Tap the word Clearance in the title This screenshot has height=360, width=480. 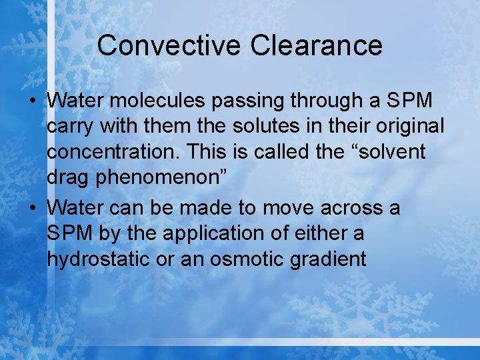[317, 45]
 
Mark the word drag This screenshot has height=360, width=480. [70, 179]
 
